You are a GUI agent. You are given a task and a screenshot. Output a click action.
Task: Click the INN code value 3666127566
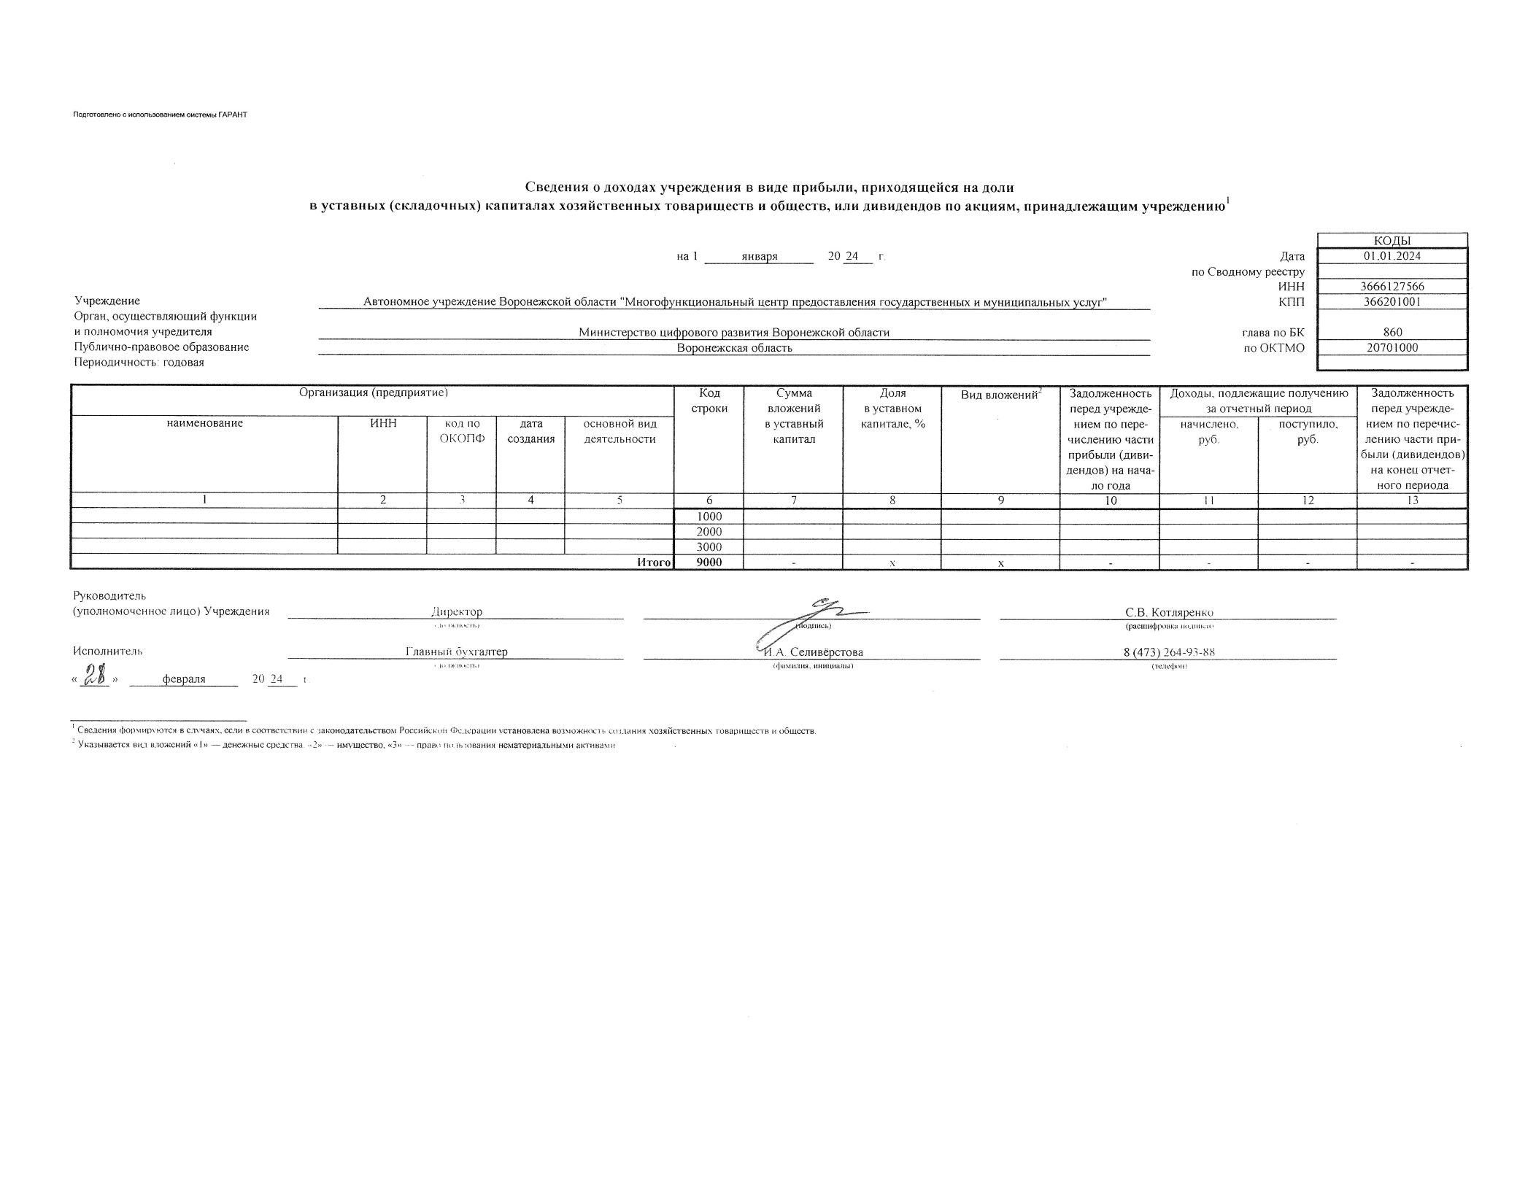[x=1392, y=287]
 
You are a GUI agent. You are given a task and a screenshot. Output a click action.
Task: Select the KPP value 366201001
[x=1392, y=301]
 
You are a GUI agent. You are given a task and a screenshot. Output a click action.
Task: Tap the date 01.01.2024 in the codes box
[x=1392, y=256]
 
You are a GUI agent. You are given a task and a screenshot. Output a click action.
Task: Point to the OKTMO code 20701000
[x=1392, y=347]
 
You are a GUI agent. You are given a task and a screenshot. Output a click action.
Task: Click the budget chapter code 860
[x=1392, y=332]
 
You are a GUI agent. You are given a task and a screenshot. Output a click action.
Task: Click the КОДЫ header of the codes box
[x=1392, y=241]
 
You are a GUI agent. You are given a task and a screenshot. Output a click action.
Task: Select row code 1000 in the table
[x=709, y=516]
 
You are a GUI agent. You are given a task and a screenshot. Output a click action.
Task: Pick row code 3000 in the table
[x=709, y=546]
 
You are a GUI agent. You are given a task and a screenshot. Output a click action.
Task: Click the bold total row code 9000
[x=709, y=562]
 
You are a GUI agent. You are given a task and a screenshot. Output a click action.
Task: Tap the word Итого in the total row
[x=653, y=562]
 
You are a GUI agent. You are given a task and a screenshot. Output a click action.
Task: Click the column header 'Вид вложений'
[x=1000, y=395]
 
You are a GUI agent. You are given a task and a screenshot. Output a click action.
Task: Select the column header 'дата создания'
[x=530, y=431]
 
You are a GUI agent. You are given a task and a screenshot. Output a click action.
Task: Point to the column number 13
[x=1412, y=500]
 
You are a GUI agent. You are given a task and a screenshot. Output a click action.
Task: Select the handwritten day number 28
[x=96, y=676]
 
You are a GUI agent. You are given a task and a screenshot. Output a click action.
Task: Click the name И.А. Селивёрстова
[x=813, y=652]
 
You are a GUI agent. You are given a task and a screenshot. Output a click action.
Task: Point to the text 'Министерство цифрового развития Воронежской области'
[x=733, y=332]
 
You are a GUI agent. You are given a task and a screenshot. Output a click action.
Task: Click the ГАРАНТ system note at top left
[x=160, y=115]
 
